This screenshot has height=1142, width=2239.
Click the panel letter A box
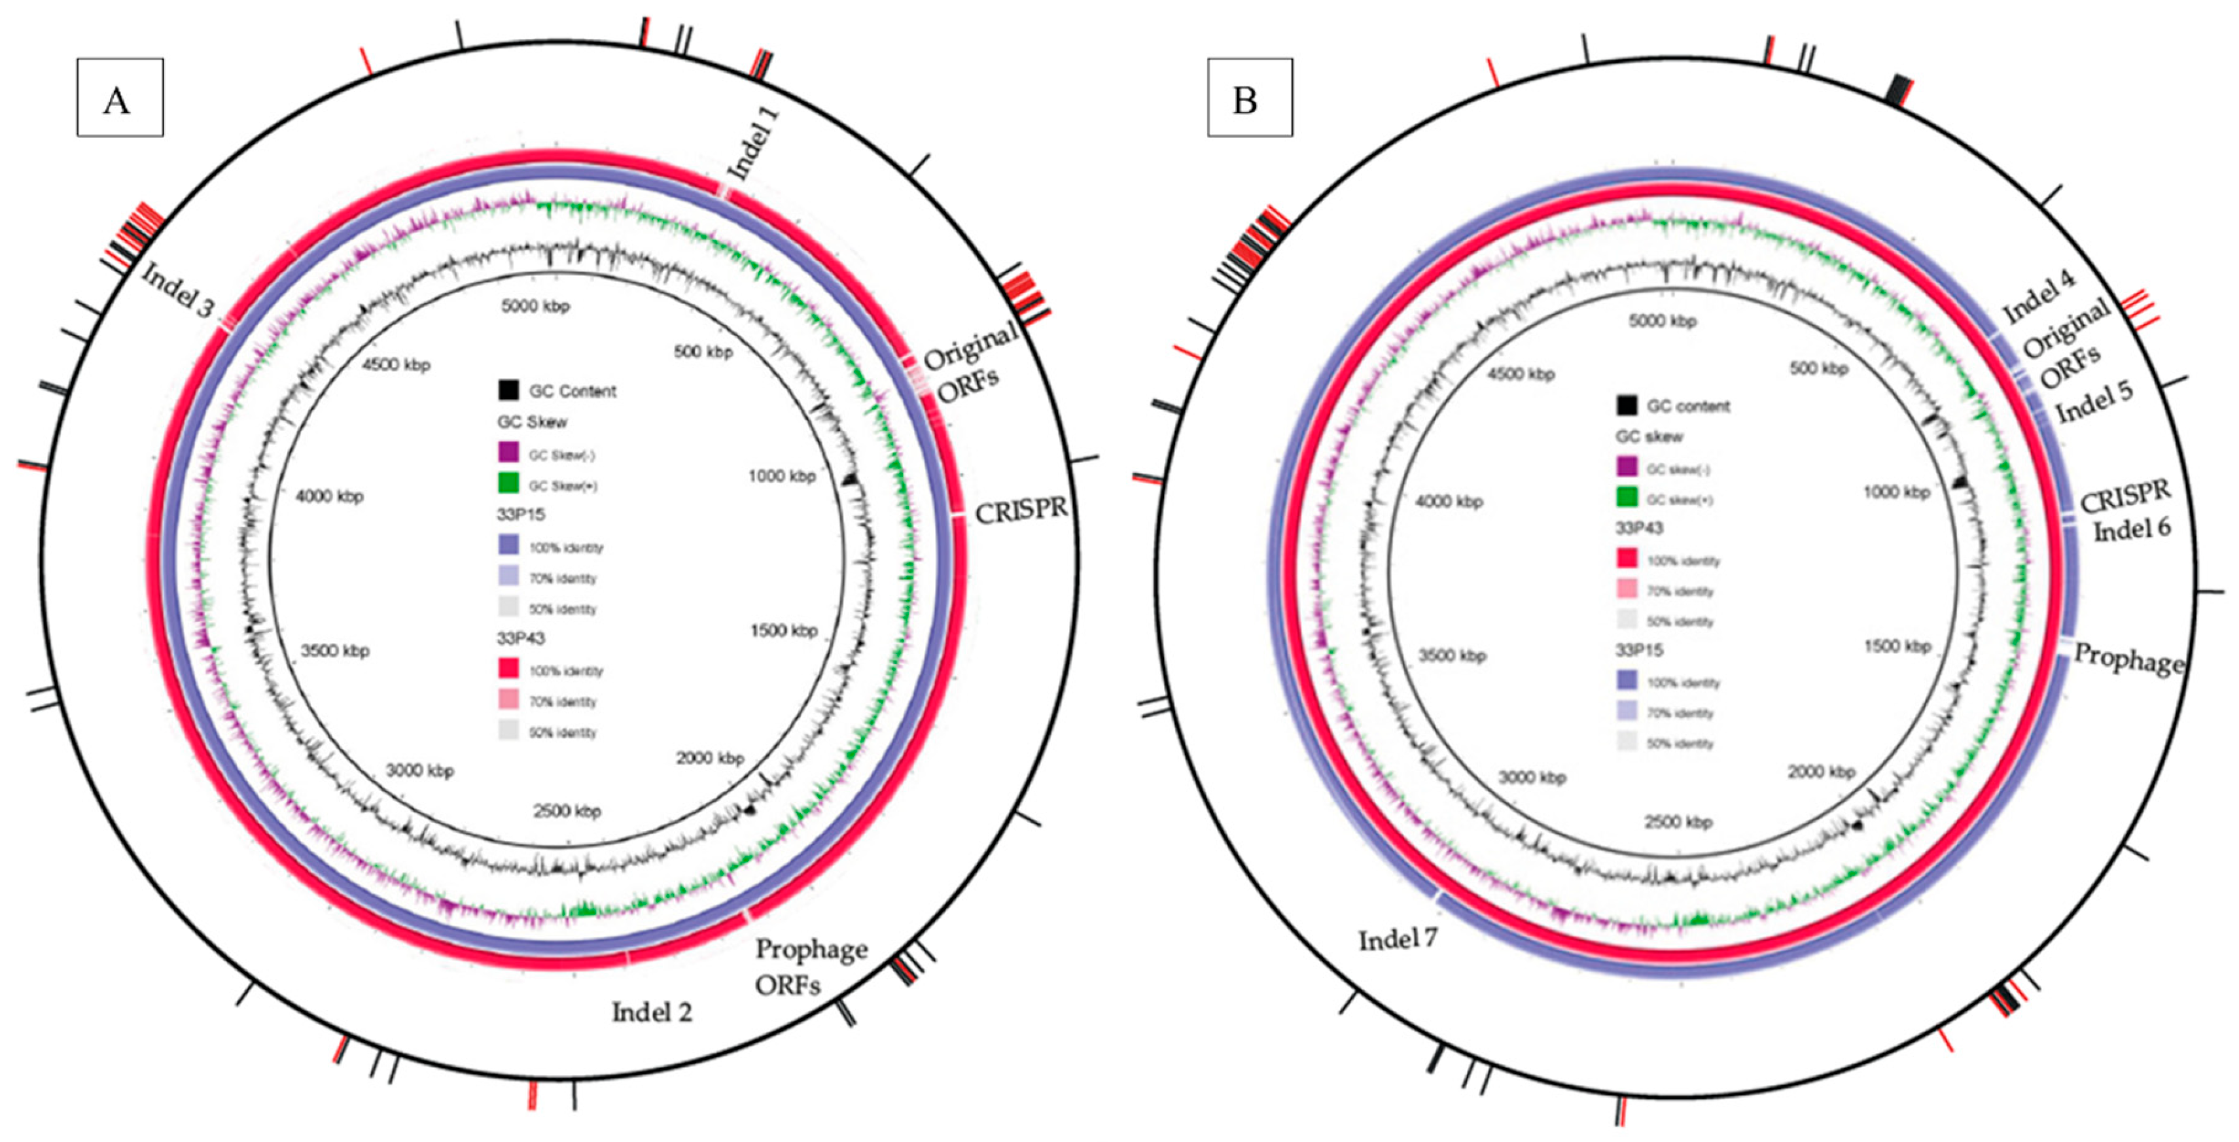pyautogui.click(x=120, y=97)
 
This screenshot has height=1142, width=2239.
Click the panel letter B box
pyautogui.click(x=1249, y=97)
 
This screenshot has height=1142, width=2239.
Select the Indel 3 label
pyautogui.click(x=177, y=290)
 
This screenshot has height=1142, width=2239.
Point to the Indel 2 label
pyautogui.click(x=652, y=1012)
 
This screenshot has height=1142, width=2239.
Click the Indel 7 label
pyautogui.click(x=1398, y=939)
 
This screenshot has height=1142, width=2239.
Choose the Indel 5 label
pyautogui.click(x=2094, y=402)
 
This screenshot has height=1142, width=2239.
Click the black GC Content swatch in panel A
pyautogui.click(x=509, y=390)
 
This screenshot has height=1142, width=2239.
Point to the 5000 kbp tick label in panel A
pyautogui.click(x=535, y=307)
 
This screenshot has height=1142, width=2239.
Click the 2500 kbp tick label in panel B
pyautogui.click(x=1678, y=822)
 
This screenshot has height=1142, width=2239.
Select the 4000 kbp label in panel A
pyautogui.click(x=329, y=496)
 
